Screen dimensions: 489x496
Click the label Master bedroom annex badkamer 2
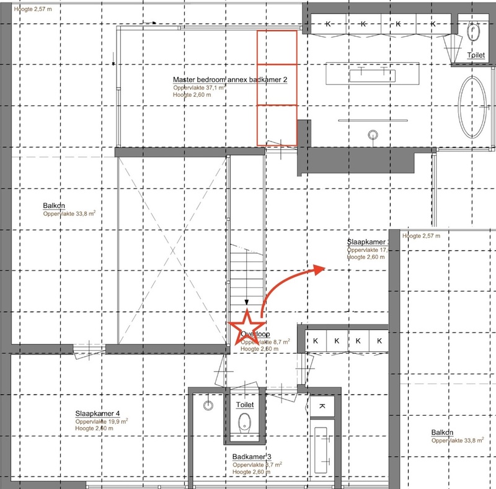pyautogui.click(x=229, y=80)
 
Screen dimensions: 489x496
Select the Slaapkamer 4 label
pyautogui.click(x=97, y=414)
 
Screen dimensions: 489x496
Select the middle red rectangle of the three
pyautogui.click(x=277, y=84)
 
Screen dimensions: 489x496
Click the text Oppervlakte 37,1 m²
pyautogui.click(x=198, y=88)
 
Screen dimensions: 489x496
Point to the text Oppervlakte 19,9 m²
pyautogui.click(x=101, y=421)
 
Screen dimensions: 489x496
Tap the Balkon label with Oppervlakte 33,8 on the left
pyautogui.click(x=55, y=206)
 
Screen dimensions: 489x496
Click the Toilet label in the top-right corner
pyautogui.click(x=476, y=55)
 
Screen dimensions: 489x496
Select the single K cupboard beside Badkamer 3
pyautogui.click(x=322, y=406)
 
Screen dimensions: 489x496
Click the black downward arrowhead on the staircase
pyautogui.click(x=247, y=303)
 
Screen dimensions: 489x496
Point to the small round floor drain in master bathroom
pyautogui.click(x=373, y=134)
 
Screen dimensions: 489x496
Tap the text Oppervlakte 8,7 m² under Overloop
pyautogui.click(x=264, y=342)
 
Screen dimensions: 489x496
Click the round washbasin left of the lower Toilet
pyautogui.click(x=209, y=405)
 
